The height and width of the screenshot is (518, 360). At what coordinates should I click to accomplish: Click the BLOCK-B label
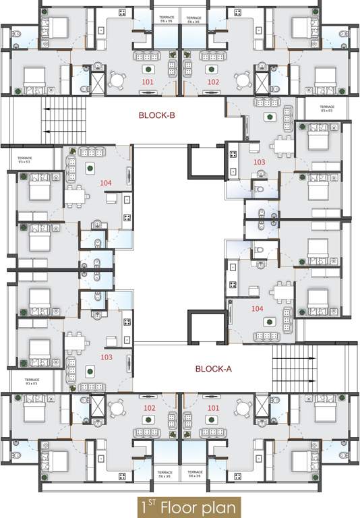[156, 115]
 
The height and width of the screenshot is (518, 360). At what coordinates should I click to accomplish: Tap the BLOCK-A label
[213, 369]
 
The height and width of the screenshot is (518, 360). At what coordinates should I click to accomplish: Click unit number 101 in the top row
[148, 82]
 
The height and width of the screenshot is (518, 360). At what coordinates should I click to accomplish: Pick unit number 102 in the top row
[213, 82]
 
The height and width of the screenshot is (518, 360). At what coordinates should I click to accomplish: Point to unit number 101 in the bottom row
[213, 408]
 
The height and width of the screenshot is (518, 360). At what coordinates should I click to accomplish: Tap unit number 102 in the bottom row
[149, 408]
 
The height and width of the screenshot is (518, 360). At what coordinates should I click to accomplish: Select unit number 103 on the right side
[260, 163]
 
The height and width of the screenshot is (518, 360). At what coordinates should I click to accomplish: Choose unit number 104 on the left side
[105, 183]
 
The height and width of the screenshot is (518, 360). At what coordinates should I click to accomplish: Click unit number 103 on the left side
[105, 357]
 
